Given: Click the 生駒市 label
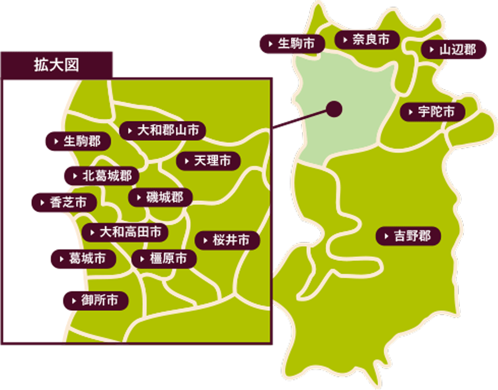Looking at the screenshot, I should [x=292, y=44].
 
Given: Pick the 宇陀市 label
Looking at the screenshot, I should [x=432, y=112].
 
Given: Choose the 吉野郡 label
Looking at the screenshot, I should [x=408, y=236].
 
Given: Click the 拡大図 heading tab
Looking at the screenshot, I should [x=56, y=65].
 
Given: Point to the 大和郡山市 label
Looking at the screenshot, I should [x=163, y=131].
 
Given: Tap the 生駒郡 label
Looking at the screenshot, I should [x=78, y=141].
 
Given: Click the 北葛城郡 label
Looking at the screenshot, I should [x=102, y=176].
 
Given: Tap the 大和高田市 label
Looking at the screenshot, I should [x=125, y=232].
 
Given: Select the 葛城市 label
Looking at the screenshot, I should [x=83, y=259].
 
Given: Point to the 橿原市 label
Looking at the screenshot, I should [x=164, y=259].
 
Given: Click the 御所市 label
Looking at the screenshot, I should [x=95, y=300].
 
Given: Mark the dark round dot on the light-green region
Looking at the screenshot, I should [x=334, y=108].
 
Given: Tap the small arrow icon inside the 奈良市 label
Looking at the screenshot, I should [x=345, y=40].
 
